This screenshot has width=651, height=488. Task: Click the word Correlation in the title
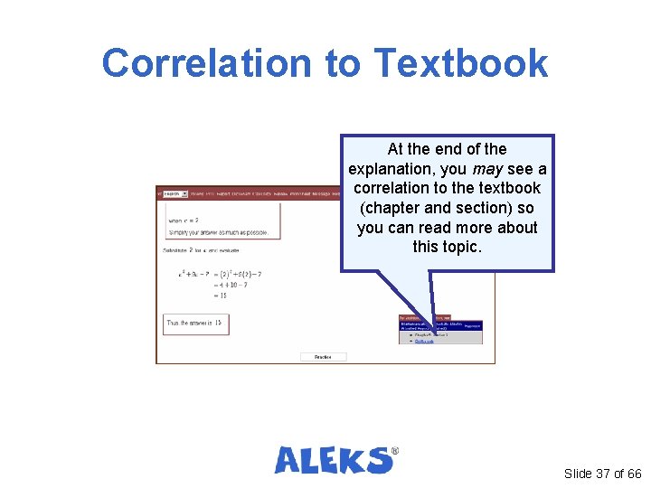pyautogui.click(x=207, y=63)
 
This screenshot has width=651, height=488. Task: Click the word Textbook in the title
pyautogui.click(x=461, y=63)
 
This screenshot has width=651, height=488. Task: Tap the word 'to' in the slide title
pyautogui.click(x=342, y=63)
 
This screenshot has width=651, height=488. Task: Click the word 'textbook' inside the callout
pyautogui.click(x=507, y=188)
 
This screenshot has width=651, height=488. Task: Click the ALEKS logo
pyautogui.click(x=334, y=460)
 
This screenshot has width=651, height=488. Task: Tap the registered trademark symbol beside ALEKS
pyautogui.click(x=394, y=450)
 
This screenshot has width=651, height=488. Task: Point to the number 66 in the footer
pyautogui.click(x=634, y=474)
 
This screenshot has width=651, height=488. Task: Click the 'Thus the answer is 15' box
pyautogui.click(x=193, y=323)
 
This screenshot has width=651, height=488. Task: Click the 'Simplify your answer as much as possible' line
pyautogui.click(x=218, y=232)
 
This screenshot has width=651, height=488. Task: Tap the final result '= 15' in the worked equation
pyautogui.click(x=220, y=296)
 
